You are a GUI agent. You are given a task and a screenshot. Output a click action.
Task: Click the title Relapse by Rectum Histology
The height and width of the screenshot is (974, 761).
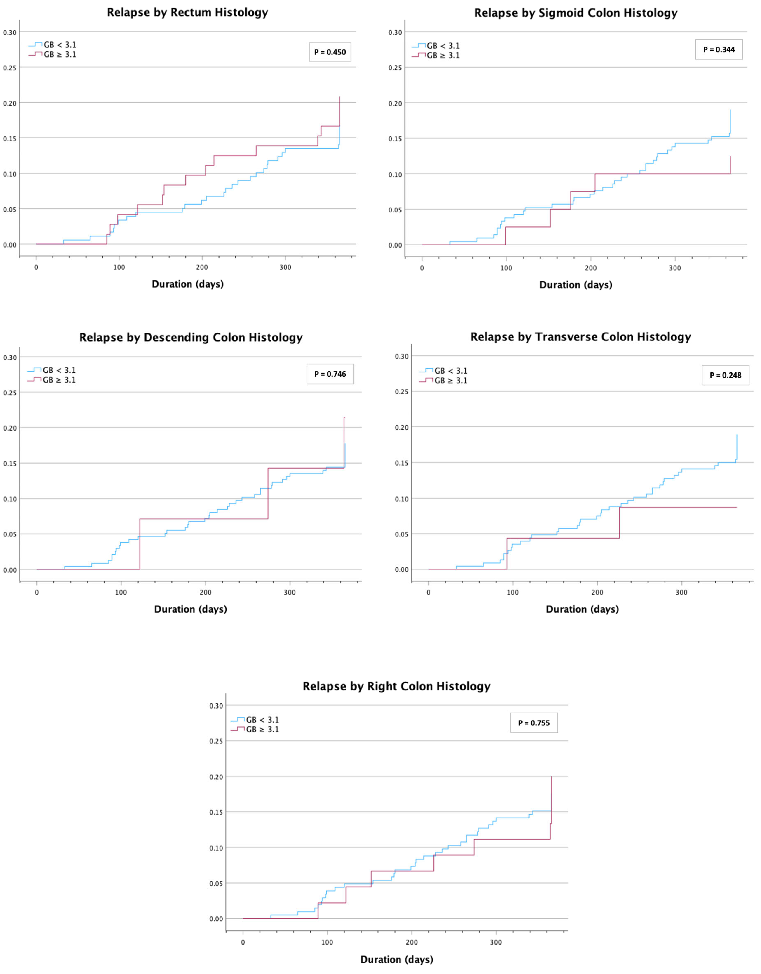click(x=187, y=13)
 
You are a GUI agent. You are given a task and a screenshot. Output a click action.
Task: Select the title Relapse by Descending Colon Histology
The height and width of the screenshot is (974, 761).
click(x=191, y=338)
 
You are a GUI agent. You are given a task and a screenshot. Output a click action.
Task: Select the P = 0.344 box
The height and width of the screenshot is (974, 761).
click(x=719, y=49)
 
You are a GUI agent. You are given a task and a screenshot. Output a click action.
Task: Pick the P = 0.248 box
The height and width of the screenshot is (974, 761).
click(x=725, y=375)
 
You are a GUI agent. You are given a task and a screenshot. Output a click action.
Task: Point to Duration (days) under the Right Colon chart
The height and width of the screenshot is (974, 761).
click(x=397, y=959)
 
